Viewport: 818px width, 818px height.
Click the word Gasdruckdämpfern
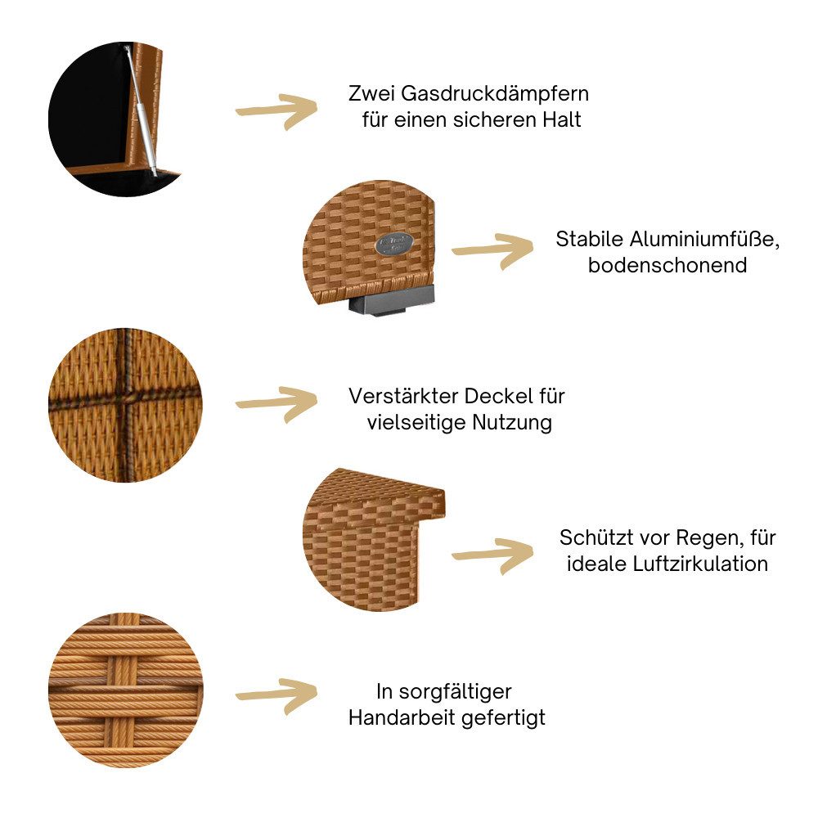pos(495,94)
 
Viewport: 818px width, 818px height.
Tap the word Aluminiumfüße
pos(704,240)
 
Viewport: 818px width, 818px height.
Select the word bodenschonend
pos(667,265)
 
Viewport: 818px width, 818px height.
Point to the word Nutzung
pos(512,423)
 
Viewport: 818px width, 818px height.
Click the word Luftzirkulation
pos(701,564)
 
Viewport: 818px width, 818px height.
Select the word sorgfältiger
pos(455,693)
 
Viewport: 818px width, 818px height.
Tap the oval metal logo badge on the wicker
pos(394,244)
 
